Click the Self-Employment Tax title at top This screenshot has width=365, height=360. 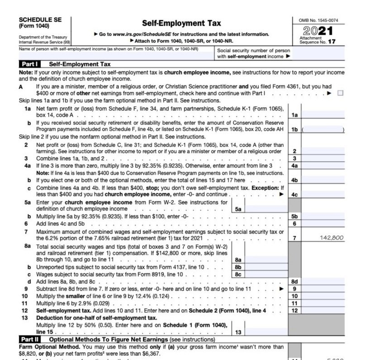(x=181, y=23)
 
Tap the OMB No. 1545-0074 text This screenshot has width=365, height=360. (x=318, y=20)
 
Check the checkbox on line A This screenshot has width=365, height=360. (x=340, y=93)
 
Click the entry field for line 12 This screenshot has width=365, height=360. (x=322, y=311)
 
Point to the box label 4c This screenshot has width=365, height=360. (x=294, y=195)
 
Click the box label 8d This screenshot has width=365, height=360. (x=294, y=281)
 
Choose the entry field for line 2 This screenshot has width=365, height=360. (x=322, y=151)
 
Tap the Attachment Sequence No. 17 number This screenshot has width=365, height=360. (x=332, y=42)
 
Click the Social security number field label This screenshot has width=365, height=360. (x=254, y=53)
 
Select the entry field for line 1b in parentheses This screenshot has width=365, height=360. (x=322, y=130)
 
